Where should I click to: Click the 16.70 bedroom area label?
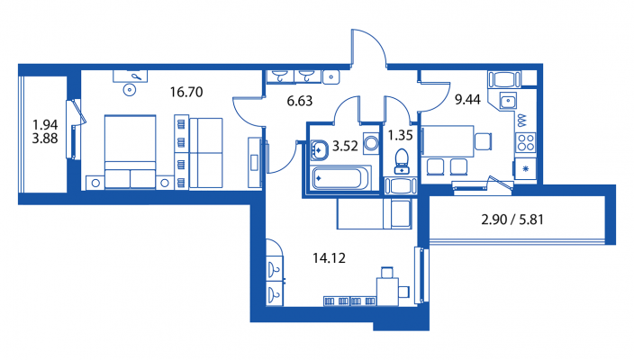coord(186,92)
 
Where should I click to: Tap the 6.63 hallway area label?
coord(300,101)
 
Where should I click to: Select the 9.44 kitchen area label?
coord(467,99)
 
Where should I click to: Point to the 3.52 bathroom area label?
coord(345,147)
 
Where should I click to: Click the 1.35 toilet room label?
coord(400,135)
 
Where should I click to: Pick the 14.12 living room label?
coord(329,258)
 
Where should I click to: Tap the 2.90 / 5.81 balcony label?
coord(512,220)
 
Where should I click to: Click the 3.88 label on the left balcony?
coord(45,139)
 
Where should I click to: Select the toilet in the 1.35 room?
coord(402,161)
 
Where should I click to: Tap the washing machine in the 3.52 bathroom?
coord(371,143)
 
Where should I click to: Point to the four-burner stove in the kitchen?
coord(526,142)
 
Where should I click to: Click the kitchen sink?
coord(508,101)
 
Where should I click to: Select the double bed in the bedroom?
coord(131,152)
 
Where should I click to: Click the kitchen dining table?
coord(448,141)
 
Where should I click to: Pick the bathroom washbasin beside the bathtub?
coord(319,150)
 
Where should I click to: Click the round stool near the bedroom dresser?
coord(130,90)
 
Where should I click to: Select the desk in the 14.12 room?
coord(387,292)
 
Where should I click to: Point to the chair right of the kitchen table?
coord(484,141)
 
